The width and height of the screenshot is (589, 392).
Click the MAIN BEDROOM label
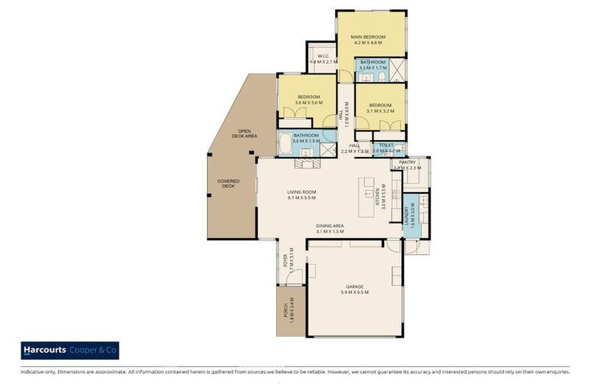point(368,37)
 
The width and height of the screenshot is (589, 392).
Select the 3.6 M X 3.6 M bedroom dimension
point(308,103)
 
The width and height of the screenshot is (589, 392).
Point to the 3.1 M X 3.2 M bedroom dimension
point(380,111)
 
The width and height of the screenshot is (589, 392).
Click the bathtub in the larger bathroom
point(285,143)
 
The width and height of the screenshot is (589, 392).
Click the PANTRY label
point(406,162)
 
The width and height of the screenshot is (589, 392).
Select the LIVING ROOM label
point(301,192)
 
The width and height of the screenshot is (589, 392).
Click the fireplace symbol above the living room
point(307,162)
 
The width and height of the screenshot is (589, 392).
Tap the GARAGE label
point(354,286)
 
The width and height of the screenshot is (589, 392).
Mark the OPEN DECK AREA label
point(246,133)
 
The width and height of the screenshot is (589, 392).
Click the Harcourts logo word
point(43,351)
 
